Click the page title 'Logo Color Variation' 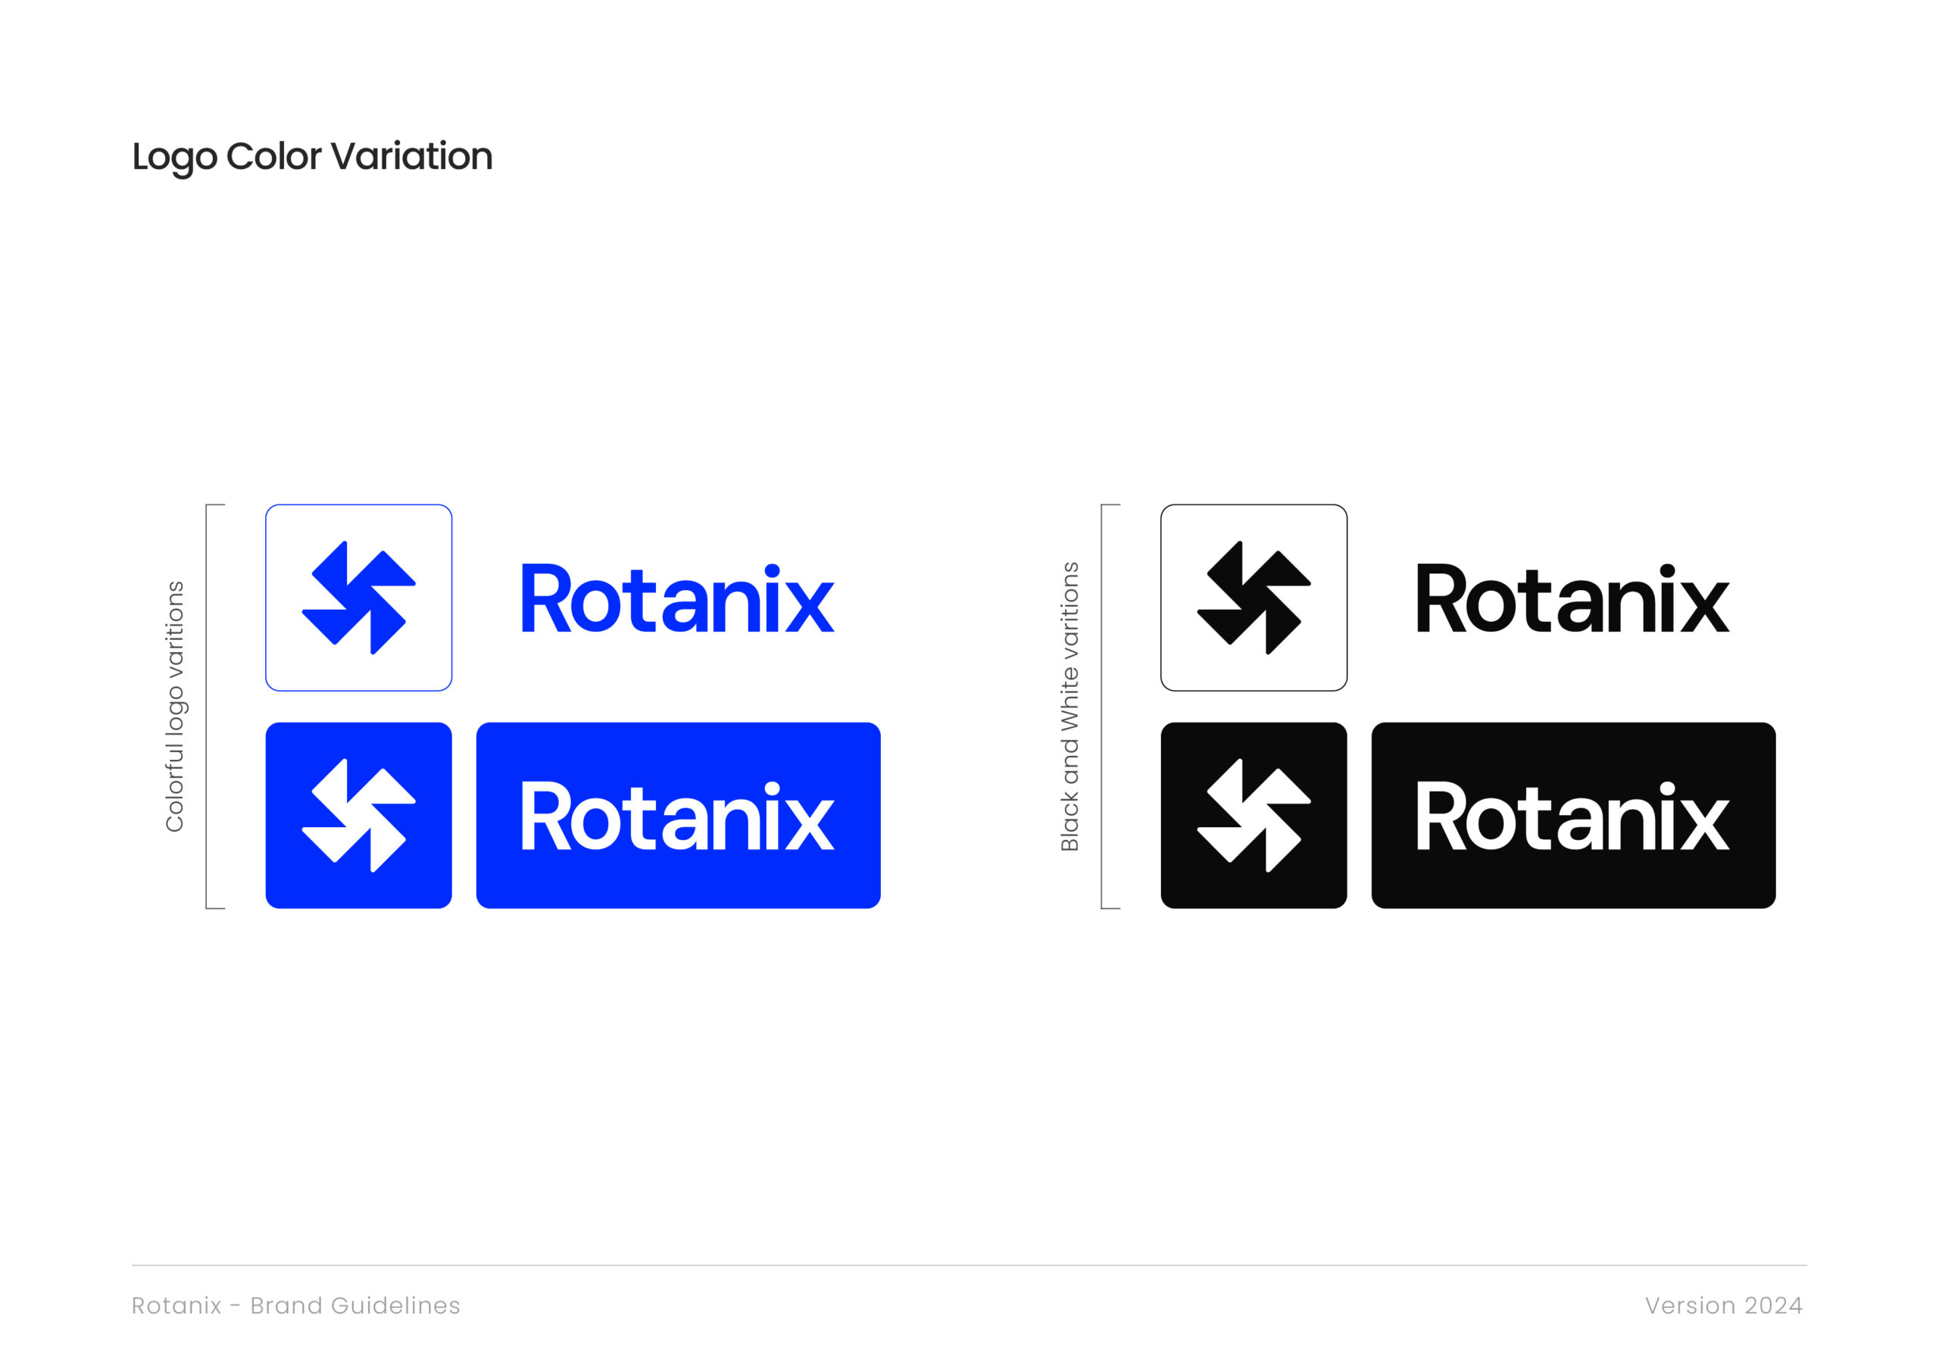tap(313, 157)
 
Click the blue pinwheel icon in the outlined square tap(359, 597)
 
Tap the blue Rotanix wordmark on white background tap(677, 598)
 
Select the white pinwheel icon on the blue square tap(359, 815)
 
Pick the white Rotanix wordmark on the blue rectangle tap(677, 816)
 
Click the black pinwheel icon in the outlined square tap(1254, 597)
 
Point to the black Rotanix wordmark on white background tap(1572, 598)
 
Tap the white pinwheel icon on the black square tap(1254, 815)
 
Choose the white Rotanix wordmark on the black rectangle tap(1572, 816)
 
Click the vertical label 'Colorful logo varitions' tap(175, 706)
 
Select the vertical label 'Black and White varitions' tap(1070, 706)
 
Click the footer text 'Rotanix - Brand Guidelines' tap(295, 1306)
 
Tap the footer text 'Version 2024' tap(1724, 1306)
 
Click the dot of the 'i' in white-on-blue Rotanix tap(772, 788)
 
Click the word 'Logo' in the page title tap(175, 158)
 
